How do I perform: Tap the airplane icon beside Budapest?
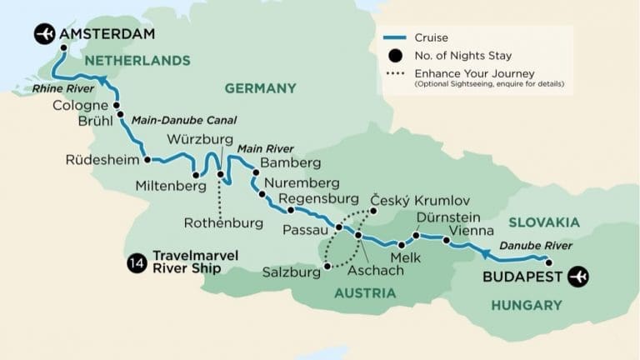pos(577,276)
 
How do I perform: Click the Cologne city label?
pos(80,106)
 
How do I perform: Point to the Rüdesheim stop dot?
pos(147,159)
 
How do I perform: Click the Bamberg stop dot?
pos(256,172)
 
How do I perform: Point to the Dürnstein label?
pos(443,214)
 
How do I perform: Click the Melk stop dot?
pos(402,245)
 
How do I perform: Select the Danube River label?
pos(536,246)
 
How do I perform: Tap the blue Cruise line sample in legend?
pos(397,38)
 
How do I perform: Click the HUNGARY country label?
pos(526,306)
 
